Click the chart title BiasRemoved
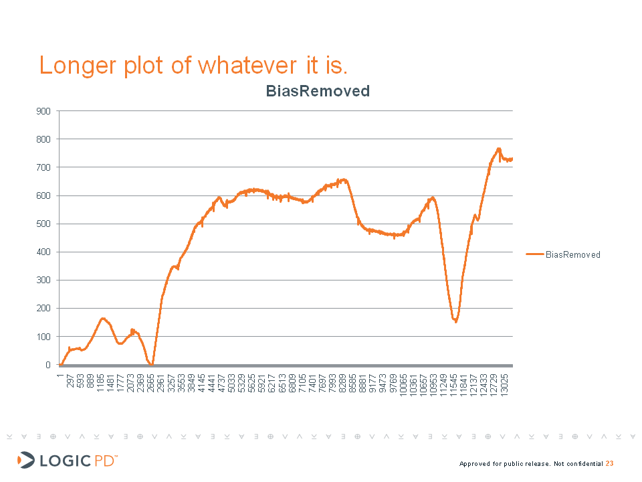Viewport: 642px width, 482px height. click(318, 91)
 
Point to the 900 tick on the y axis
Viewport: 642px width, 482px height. click(43, 111)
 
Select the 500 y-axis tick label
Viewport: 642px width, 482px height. click(43, 224)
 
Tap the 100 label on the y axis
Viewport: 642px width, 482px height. click(43, 337)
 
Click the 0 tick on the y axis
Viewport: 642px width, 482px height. click(47, 365)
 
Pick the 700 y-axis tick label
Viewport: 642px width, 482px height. click(43, 167)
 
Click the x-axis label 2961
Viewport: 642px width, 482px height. click(161, 386)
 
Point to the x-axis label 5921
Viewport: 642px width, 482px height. click(261, 386)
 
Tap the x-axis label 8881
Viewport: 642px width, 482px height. click(362, 386)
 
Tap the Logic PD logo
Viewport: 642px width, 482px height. click(67, 460)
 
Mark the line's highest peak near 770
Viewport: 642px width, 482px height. click(498, 149)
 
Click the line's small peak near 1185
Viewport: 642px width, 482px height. click(103, 319)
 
